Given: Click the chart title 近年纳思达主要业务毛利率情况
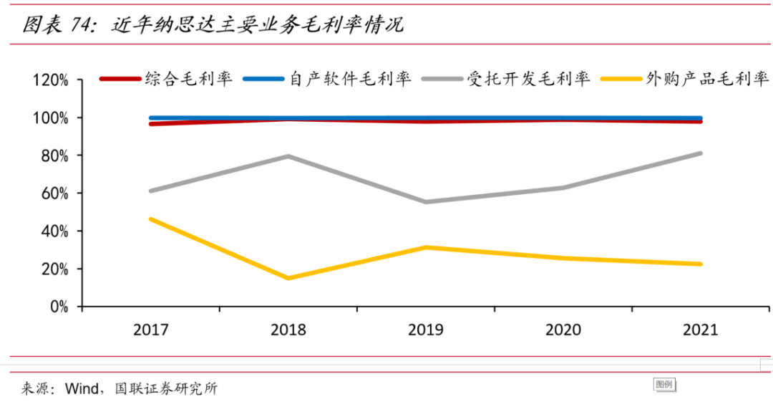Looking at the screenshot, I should (258, 25).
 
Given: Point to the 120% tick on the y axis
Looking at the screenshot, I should (50, 80).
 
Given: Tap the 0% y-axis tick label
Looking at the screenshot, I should (57, 307).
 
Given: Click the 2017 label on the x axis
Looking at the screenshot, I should (150, 330).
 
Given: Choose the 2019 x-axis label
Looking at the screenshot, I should (426, 330).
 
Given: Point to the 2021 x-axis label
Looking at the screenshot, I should (701, 330).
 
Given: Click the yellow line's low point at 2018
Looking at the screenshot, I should (288, 278).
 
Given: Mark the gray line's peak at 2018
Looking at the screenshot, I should (288, 156).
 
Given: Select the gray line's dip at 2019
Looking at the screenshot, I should (426, 202).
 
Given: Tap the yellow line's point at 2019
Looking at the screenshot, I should (426, 248).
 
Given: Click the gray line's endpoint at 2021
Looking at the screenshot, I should (700, 153).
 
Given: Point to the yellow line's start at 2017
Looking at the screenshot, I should (151, 219).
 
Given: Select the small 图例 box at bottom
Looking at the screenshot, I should (663, 385).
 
